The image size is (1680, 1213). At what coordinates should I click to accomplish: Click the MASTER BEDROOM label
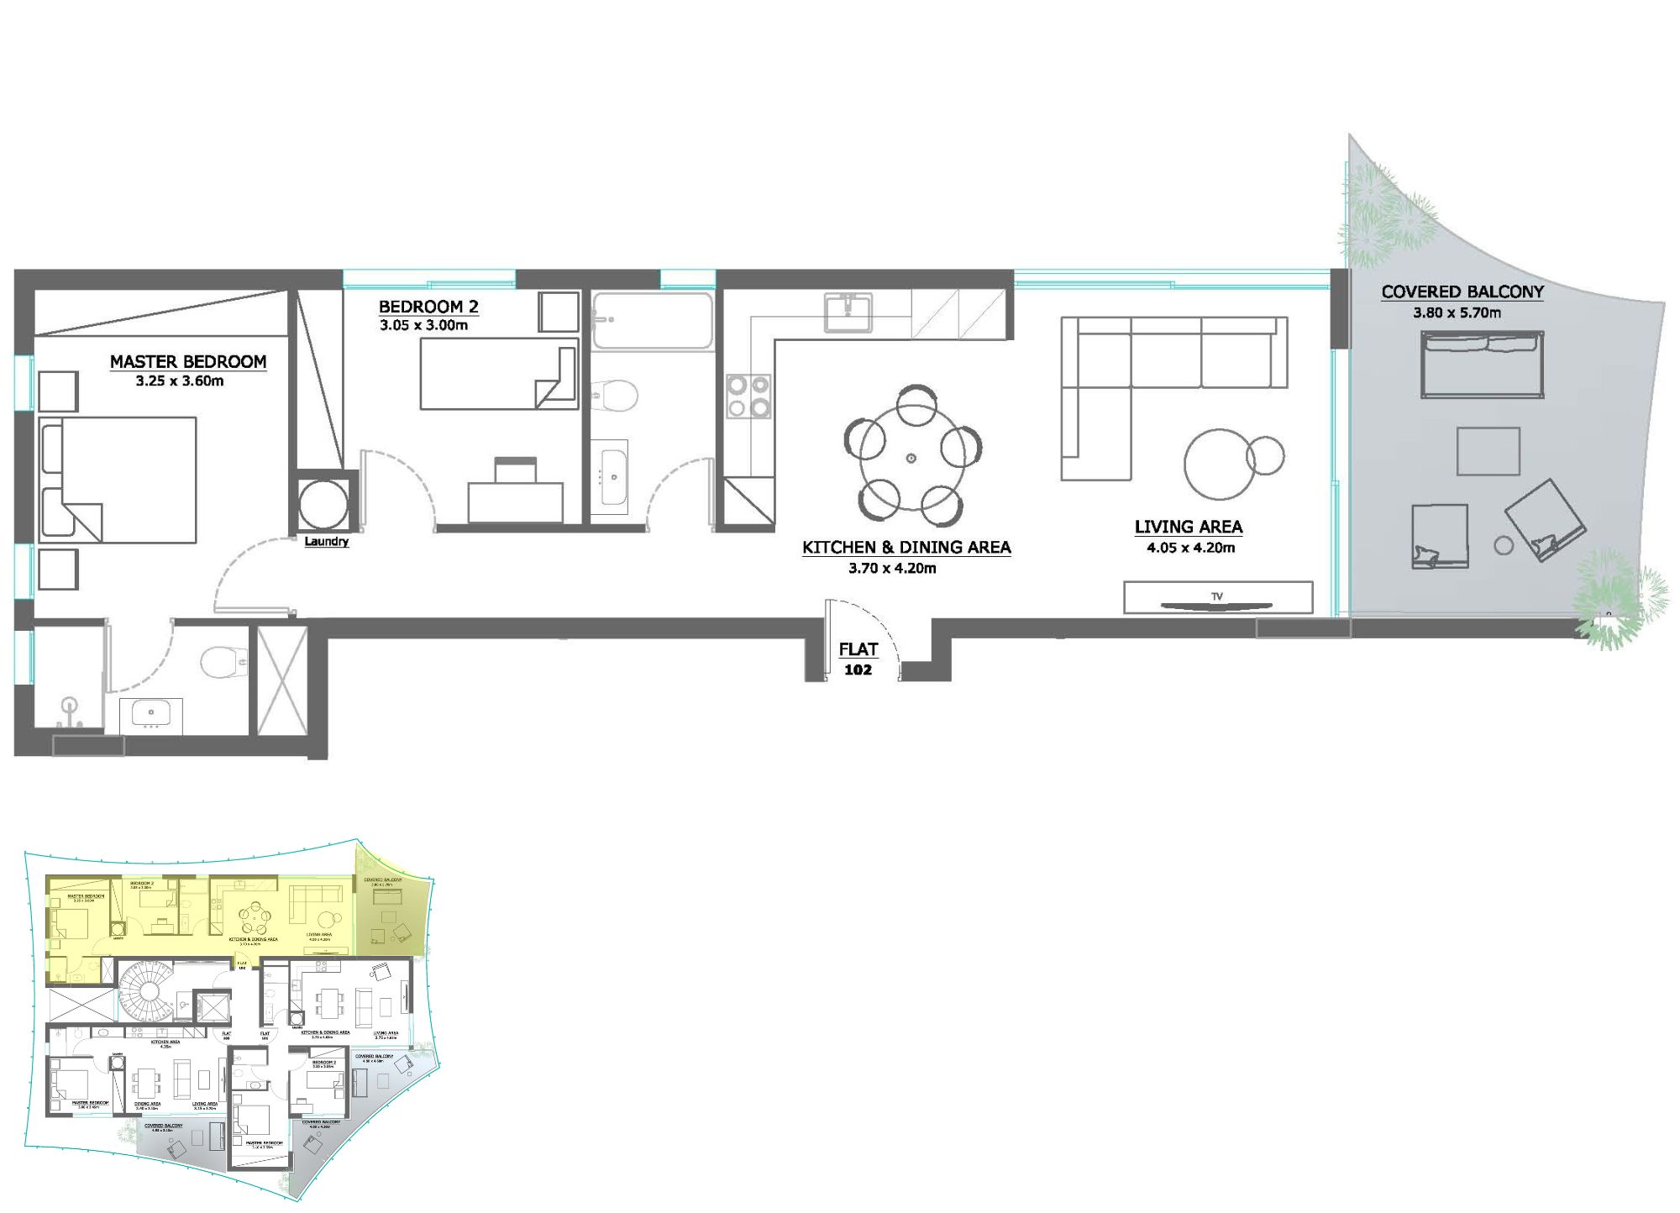point(188,362)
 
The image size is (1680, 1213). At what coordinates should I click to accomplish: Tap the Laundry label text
point(326,542)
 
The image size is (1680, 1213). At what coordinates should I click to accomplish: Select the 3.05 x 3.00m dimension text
point(423,325)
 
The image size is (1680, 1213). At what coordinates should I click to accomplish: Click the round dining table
point(911,459)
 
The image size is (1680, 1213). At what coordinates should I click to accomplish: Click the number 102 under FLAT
point(858,670)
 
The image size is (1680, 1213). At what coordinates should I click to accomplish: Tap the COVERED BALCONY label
point(1462,292)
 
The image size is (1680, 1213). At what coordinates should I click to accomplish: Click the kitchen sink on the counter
point(848,312)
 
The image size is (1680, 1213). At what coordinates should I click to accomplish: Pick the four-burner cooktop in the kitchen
point(748,396)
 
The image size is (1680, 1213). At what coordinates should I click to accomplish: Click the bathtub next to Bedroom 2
point(652,320)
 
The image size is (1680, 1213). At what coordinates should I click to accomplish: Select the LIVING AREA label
point(1188,528)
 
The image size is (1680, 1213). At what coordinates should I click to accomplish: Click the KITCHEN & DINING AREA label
point(906,548)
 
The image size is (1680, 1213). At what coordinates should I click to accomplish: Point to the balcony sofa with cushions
point(1482,365)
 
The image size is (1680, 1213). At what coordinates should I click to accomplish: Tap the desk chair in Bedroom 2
point(516,470)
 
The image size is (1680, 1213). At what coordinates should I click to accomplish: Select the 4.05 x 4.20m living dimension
point(1190,549)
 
